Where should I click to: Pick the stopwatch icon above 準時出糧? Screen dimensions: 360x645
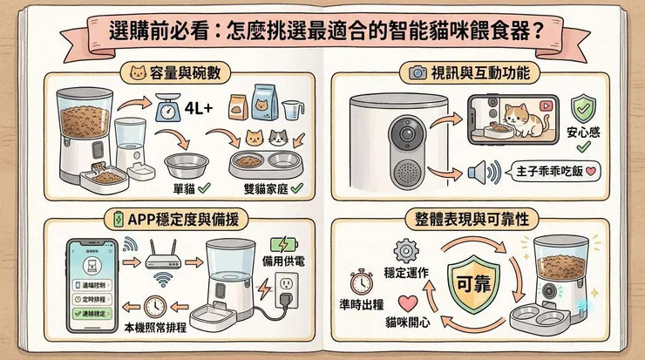coord(363,283)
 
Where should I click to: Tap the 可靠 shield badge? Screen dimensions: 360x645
coord(472,285)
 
